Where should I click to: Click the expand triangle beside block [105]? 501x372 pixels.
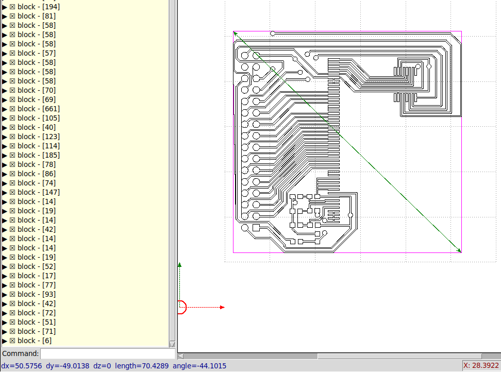[5, 118]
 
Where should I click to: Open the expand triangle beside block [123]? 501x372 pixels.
[5, 137]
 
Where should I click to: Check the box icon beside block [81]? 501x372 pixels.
[12, 16]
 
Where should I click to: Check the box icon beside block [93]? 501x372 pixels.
[12, 294]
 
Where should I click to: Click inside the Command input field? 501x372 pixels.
[107, 354]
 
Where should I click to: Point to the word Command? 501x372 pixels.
[20, 354]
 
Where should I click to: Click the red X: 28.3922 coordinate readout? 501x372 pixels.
[481, 365]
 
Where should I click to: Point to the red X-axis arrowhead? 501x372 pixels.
[222, 307]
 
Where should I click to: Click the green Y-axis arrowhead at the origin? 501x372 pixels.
[180, 265]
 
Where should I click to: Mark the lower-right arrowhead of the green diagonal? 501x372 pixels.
[459, 251]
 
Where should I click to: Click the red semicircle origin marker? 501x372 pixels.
[181, 307]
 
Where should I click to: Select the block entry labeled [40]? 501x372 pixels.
[36, 127]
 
